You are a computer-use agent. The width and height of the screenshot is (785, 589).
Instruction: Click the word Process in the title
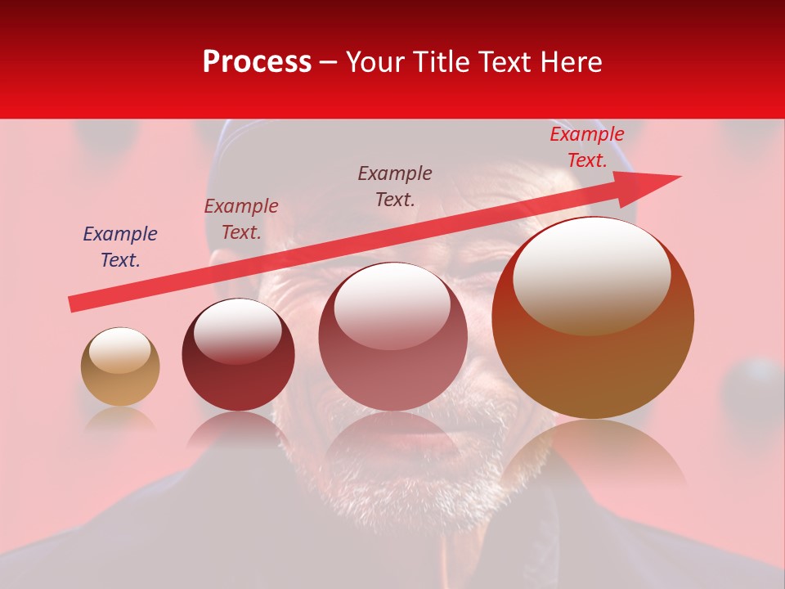click(257, 61)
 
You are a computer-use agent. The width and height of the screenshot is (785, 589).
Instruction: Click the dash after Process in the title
click(329, 63)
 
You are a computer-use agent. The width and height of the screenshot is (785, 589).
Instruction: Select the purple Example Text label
click(120, 247)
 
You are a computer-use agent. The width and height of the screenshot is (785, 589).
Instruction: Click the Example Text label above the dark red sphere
click(241, 219)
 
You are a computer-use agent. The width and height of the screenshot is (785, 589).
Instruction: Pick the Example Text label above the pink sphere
click(395, 186)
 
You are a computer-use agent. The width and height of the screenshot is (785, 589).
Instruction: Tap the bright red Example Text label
click(586, 147)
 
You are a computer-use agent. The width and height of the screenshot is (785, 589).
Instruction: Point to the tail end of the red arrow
click(75, 303)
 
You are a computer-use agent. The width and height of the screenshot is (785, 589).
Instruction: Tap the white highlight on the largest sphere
click(591, 274)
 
